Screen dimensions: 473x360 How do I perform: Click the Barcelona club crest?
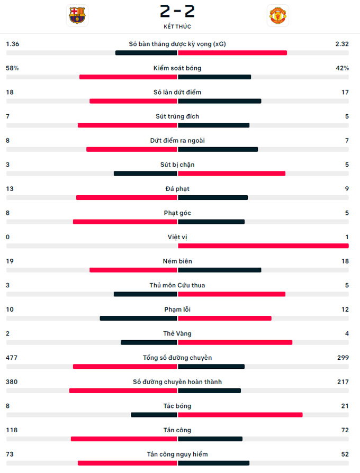point(77,15)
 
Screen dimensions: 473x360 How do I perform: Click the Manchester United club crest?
point(278,15)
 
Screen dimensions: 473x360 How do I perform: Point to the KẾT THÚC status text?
point(177,26)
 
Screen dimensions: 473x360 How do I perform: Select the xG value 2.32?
point(341,44)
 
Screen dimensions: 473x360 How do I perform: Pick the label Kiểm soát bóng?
point(177,68)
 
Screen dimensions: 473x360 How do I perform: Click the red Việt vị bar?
point(263,245)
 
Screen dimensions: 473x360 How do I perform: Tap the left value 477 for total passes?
point(12,358)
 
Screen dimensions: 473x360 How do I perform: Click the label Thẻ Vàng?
point(177,334)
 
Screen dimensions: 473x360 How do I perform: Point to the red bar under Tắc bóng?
point(240,415)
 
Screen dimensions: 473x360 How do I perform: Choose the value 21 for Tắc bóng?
point(345,406)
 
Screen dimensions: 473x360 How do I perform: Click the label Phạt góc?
point(177,213)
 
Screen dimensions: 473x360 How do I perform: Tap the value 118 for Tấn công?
point(12,430)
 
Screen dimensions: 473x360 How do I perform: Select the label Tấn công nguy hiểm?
point(177,454)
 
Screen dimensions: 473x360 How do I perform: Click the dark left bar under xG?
point(146,53)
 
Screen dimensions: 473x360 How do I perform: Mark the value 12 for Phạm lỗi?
point(345,310)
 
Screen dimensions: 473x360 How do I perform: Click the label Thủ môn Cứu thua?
point(177,286)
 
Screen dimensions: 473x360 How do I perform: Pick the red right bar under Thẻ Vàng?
point(235,342)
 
